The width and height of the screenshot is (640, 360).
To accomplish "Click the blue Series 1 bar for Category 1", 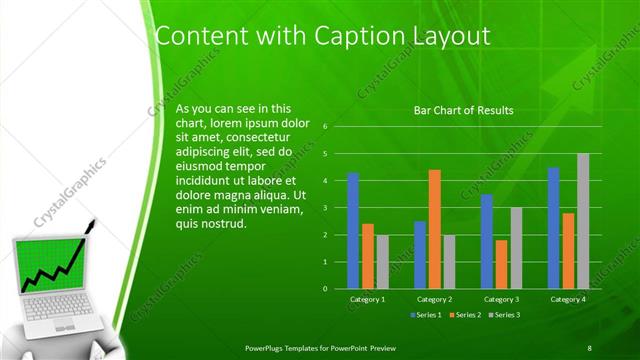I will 353,231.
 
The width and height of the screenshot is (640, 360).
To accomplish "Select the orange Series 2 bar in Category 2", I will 434,229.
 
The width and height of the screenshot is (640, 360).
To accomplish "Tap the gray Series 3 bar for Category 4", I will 583,221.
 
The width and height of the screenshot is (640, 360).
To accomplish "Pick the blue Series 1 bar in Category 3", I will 486,241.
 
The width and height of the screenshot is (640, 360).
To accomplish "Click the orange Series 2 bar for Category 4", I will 568,250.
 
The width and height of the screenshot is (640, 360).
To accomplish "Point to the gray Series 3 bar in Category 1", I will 382,261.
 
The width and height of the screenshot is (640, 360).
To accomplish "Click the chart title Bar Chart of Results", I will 463,110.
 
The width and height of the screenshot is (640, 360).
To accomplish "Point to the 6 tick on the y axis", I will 326,127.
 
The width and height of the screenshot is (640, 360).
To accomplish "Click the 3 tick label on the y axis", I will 326,208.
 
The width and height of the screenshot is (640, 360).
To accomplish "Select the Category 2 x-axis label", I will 435,299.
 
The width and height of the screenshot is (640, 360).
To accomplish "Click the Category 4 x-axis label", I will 568,299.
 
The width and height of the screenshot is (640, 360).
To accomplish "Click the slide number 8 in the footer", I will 590,347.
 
